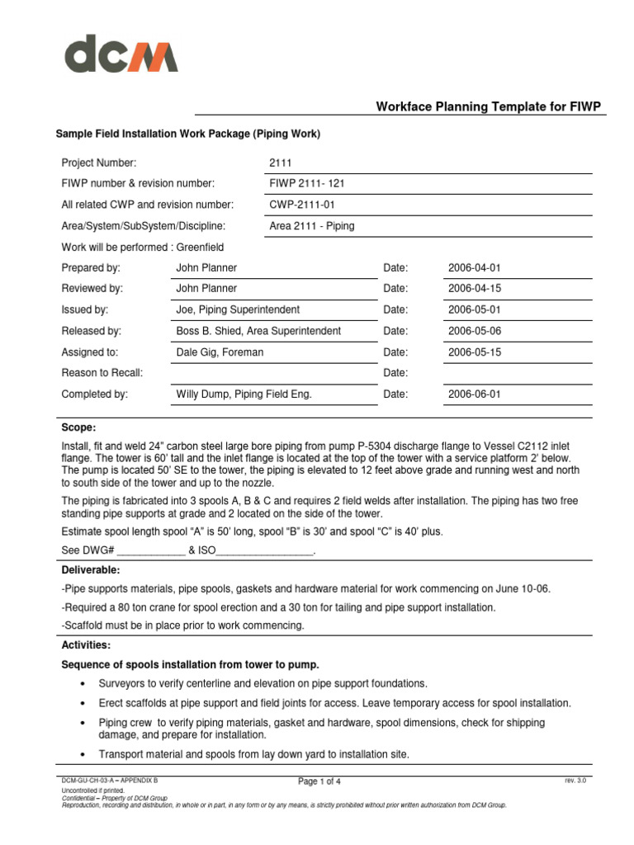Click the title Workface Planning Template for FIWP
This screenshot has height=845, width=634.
[x=488, y=106]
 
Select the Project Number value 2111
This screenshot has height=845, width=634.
[x=281, y=163]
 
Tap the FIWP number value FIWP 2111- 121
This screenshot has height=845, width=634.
[x=301, y=183]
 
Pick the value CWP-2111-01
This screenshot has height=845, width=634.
[x=302, y=205]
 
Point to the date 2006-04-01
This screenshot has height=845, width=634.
[x=474, y=268]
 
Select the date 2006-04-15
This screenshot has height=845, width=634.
[x=474, y=289]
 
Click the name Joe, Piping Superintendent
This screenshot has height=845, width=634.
[x=238, y=310]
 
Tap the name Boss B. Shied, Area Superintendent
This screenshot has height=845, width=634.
[x=258, y=331]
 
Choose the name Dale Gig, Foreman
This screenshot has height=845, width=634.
[x=220, y=352]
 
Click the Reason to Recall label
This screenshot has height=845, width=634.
[x=102, y=373]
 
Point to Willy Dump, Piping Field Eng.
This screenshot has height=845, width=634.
[x=244, y=394]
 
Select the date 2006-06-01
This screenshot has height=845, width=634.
[x=474, y=394]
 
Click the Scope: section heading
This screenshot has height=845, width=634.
[x=79, y=427]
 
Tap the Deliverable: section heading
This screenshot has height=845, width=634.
[x=91, y=570]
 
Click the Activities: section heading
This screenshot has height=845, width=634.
[x=87, y=644]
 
